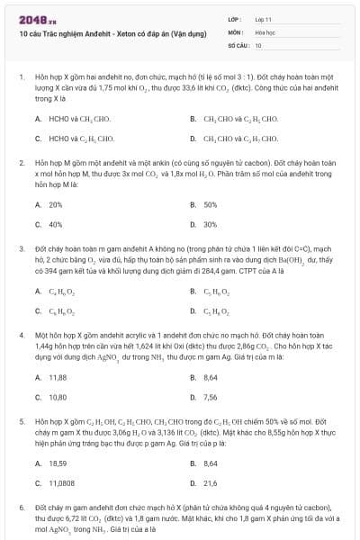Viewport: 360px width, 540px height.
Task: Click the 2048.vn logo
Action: pos(32,17)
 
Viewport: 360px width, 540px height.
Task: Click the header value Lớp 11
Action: pos(263,18)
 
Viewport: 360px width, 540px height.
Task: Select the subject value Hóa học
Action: pos(265,31)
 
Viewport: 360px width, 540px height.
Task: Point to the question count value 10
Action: pos(259,44)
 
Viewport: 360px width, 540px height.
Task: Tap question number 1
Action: pos(21,78)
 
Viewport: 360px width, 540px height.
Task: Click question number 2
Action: pos(21,163)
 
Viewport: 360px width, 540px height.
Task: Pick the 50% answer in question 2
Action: pos(210,204)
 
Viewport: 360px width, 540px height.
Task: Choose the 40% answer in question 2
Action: pos(55,224)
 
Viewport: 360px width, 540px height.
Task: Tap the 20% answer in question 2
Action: pos(55,204)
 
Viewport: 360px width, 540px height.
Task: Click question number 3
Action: pos(21,247)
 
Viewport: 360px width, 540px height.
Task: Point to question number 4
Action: pos(21,334)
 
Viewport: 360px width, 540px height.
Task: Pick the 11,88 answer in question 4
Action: pos(58,376)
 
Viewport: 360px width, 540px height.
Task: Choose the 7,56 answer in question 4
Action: pos(210,396)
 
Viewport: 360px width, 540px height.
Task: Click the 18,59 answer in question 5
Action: pos(58,463)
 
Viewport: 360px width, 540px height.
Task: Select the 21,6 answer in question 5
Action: pos(210,482)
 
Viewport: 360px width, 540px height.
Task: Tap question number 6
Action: pos(21,507)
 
